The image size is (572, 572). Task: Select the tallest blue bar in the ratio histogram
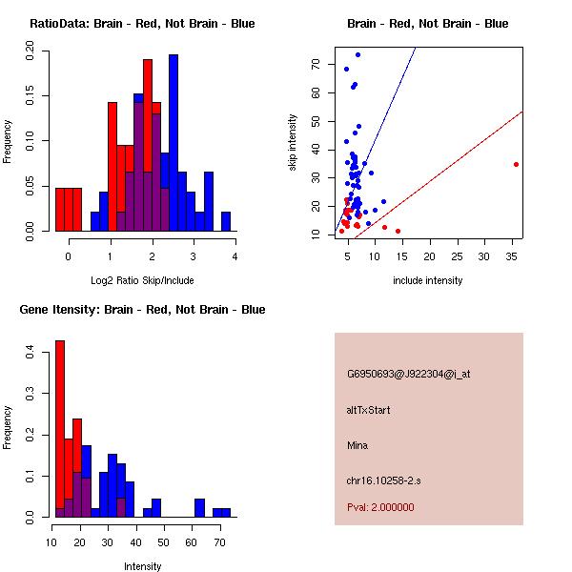174,143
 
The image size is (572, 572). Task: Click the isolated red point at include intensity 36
516,164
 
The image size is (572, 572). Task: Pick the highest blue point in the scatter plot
357,54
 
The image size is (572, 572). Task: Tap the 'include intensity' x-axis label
428,280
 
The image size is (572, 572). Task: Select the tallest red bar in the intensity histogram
60,428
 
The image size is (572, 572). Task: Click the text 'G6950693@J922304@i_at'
408,374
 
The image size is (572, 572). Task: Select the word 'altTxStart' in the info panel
368,410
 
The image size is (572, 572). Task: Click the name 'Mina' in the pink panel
357,445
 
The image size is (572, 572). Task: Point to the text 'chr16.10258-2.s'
382,480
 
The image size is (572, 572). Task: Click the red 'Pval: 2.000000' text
380,507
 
